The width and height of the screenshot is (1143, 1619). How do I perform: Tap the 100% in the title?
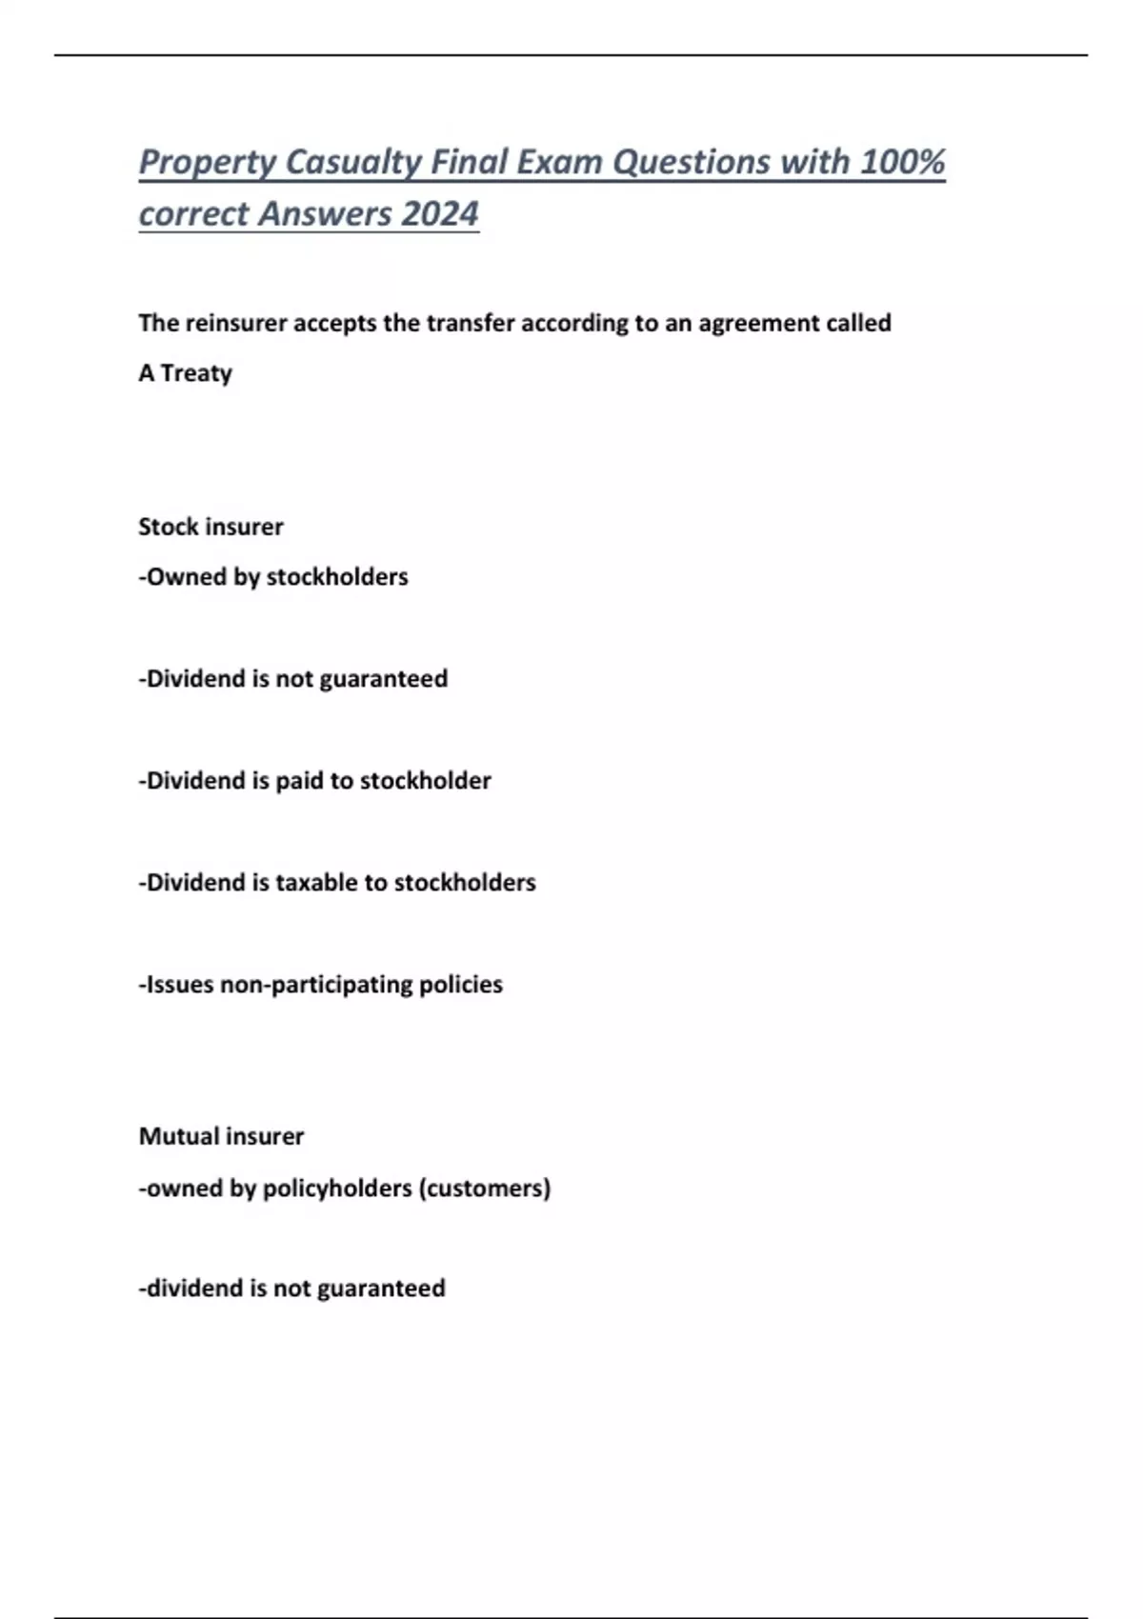(902, 163)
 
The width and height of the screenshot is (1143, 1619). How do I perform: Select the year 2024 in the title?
(440, 214)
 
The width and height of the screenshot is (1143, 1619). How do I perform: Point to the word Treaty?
(196, 373)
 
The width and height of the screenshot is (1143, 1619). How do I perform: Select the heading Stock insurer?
(211, 527)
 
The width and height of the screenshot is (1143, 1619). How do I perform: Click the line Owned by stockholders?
(273, 577)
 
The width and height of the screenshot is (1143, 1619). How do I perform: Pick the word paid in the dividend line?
(299, 781)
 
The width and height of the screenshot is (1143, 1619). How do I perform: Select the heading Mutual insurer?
(221, 1136)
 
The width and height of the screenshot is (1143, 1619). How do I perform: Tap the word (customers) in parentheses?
(485, 1189)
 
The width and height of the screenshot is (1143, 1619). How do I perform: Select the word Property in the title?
(208, 163)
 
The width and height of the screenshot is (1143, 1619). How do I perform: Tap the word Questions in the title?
(691, 163)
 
